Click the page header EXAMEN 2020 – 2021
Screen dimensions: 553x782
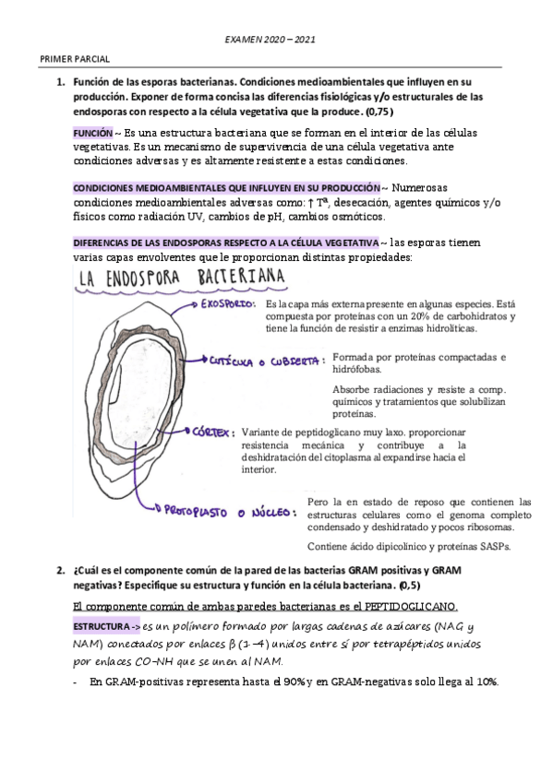(275, 41)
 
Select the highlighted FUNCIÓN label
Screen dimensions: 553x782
(92, 133)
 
